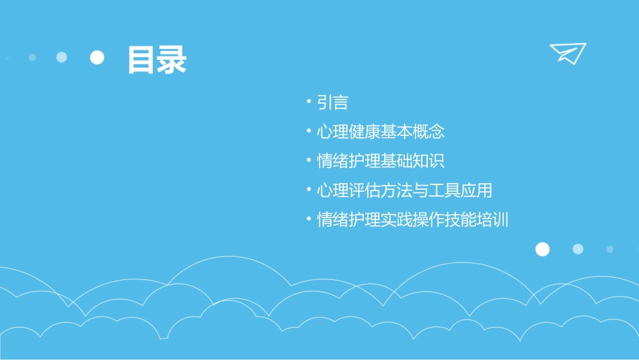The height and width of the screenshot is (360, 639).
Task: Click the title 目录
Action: coord(157,59)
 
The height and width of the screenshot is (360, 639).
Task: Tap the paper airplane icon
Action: coord(568,53)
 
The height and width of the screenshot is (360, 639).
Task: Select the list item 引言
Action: coord(333,103)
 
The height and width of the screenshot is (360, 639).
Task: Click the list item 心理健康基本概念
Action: coord(381,132)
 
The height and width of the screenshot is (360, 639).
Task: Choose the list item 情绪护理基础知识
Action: coord(381,161)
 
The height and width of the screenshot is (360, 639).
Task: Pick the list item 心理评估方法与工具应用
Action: coord(404,190)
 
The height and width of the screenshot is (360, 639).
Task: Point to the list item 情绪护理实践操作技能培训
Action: coord(412,220)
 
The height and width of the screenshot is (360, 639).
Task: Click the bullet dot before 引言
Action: coord(308,103)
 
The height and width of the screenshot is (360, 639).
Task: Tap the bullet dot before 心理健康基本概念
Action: coord(308,132)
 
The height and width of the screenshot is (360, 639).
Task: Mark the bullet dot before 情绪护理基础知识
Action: coord(308,161)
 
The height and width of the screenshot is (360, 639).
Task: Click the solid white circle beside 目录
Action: coord(98,57)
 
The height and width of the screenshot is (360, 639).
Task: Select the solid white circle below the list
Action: coord(542,250)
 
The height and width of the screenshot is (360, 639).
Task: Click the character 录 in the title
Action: coord(172,59)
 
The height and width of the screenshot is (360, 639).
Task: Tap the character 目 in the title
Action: coord(141,59)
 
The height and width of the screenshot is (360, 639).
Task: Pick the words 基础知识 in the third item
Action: coord(413,161)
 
